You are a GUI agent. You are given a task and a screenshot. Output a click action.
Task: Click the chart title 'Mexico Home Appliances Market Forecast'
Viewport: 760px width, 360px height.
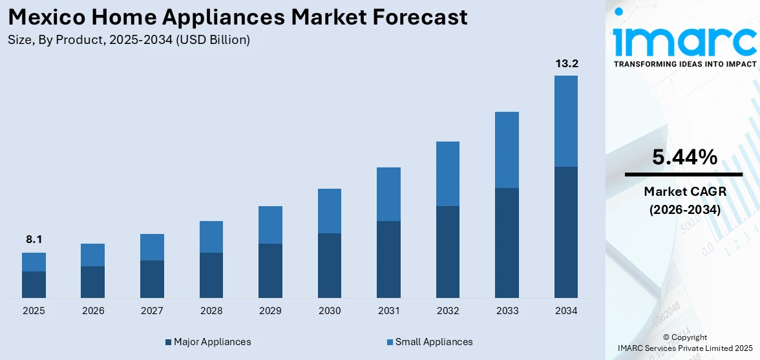(238, 17)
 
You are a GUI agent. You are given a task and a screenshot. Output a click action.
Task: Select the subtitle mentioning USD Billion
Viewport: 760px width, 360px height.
(129, 40)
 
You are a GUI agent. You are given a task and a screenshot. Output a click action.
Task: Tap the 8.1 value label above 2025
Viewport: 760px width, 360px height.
(34, 240)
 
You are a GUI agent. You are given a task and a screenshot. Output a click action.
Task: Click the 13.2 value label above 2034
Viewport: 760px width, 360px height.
(566, 63)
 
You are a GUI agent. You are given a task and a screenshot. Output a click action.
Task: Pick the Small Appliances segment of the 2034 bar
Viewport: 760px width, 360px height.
(566, 121)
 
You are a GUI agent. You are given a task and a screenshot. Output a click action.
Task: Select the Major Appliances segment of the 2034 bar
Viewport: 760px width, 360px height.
(566, 232)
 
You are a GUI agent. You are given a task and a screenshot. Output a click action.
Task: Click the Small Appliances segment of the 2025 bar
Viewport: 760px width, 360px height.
(34, 262)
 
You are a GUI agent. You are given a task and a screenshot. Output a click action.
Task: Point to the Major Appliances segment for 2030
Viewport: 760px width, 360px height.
(330, 265)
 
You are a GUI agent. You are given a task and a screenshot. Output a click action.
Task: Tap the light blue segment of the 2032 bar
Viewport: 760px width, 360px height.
(448, 173)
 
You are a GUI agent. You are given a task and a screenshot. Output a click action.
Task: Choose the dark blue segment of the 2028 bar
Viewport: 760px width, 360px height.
(211, 275)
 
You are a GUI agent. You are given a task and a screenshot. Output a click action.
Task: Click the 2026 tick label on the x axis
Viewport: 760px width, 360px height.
(93, 311)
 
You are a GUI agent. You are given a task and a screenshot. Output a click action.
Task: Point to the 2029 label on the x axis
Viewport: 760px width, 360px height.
(270, 311)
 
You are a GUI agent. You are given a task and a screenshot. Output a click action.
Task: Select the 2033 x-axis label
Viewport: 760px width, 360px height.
(507, 311)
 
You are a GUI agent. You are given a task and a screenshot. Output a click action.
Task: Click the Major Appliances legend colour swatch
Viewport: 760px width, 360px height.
(169, 342)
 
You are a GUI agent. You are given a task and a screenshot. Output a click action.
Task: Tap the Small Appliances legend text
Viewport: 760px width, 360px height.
(434, 342)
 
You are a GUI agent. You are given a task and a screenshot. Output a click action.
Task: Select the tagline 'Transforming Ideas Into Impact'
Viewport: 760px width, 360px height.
(684, 64)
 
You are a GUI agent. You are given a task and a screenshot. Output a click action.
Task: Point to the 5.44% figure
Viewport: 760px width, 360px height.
(684, 157)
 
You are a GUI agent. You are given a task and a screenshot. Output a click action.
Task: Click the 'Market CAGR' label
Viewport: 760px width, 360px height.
(684, 191)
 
